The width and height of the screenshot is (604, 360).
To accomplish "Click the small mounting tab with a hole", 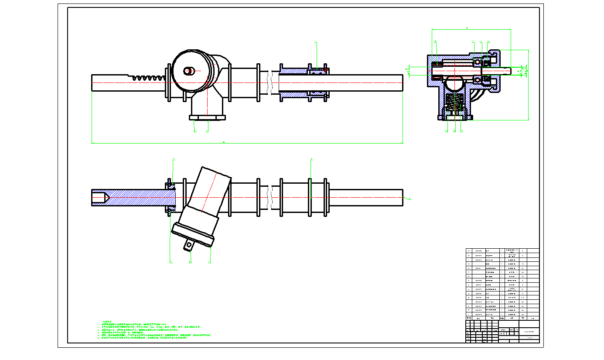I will tap(188, 246).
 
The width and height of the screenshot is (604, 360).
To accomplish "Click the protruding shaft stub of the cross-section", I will tap(506, 69).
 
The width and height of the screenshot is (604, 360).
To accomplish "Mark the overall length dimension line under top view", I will tap(247, 143).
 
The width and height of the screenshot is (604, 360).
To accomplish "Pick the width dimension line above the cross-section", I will tap(471, 29).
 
